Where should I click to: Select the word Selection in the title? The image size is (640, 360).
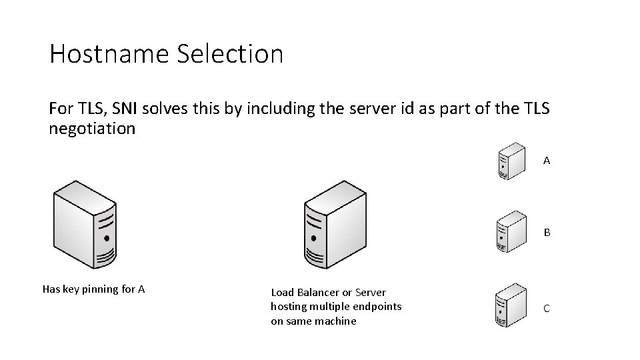coord(230,53)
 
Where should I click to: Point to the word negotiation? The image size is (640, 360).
coord(92,129)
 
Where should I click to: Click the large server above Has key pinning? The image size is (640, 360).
coord(85,224)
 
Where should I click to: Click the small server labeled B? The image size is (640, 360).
coord(513,231)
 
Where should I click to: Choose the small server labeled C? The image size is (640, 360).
coord(513,307)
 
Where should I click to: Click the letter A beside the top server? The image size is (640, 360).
coord(547,161)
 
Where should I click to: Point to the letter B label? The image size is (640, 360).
coord(547,233)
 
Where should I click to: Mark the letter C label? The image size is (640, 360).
coord(547,308)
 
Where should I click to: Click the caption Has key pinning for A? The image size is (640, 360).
coord(94,289)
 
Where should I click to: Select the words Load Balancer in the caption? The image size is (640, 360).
coord(305,292)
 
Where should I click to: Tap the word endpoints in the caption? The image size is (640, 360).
coord(378,306)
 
